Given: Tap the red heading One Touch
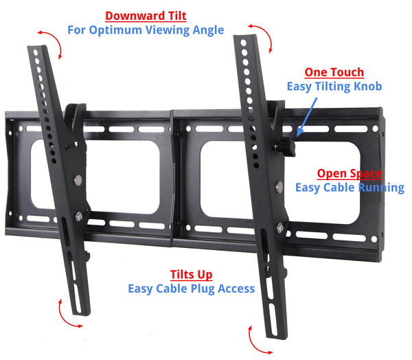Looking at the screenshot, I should (334, 72).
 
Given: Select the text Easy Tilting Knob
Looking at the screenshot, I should (334, 87).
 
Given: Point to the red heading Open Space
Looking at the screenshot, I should (349, 173).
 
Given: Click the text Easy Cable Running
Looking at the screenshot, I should (350, 188).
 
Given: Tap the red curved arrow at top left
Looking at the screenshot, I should (51, 43).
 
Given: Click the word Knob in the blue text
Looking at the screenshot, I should (365, 87).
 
